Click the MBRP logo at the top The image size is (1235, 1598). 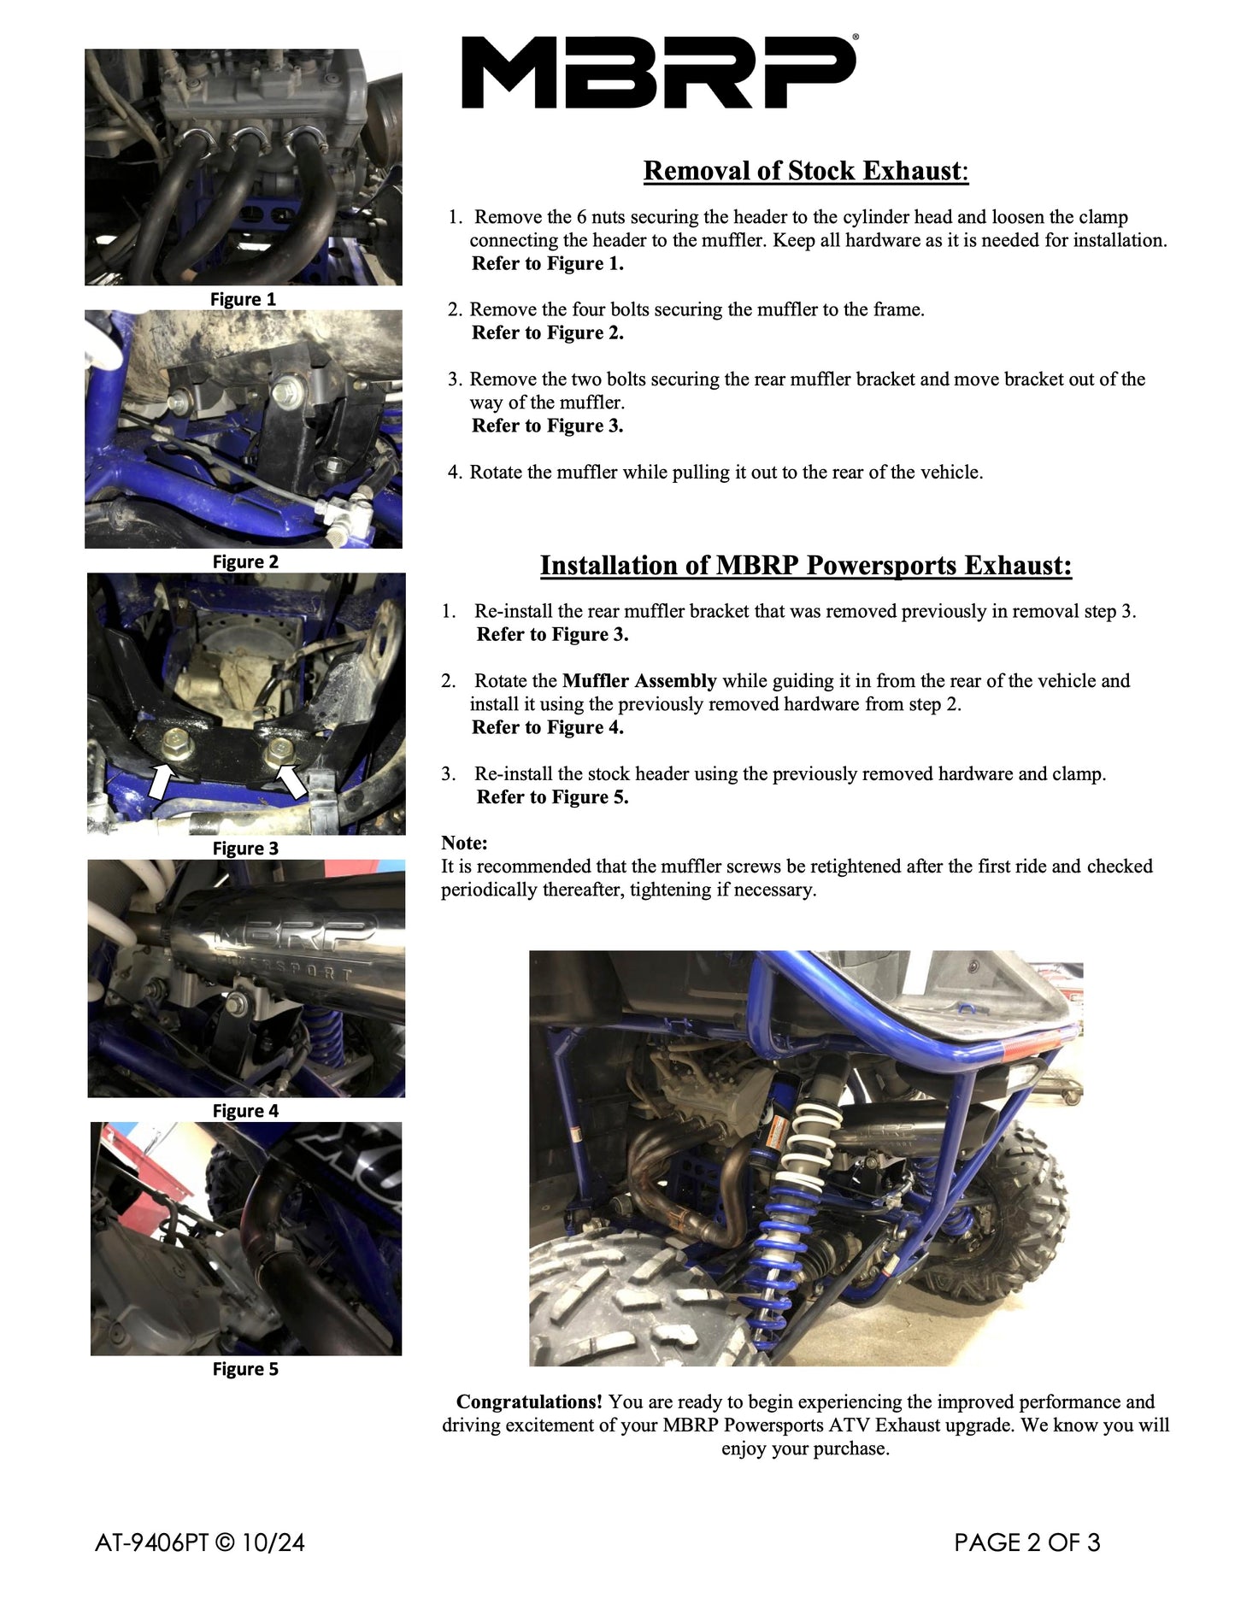pos(658,73)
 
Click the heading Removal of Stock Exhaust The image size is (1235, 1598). pos(805,171)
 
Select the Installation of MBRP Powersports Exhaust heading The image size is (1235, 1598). pos(805,566)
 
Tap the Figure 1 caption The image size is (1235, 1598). pos(243,299)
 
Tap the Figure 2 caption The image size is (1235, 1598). pos(245,561)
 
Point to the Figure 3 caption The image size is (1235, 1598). pos(245,849)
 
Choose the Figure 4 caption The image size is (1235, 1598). pos(245,1111)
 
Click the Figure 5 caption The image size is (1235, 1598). pos(245,1369)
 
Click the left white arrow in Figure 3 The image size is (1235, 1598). pos(161,781)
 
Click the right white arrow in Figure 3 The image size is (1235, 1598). pos(292,781)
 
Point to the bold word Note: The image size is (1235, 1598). pos(464,843)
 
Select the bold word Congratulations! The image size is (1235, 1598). pos(529,1402)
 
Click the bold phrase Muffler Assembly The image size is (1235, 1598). pos(639,681)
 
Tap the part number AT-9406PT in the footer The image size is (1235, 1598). pos(151,1542)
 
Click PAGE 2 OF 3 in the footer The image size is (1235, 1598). pos(1026,1542)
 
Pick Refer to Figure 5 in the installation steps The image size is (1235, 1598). pos(552,797)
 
